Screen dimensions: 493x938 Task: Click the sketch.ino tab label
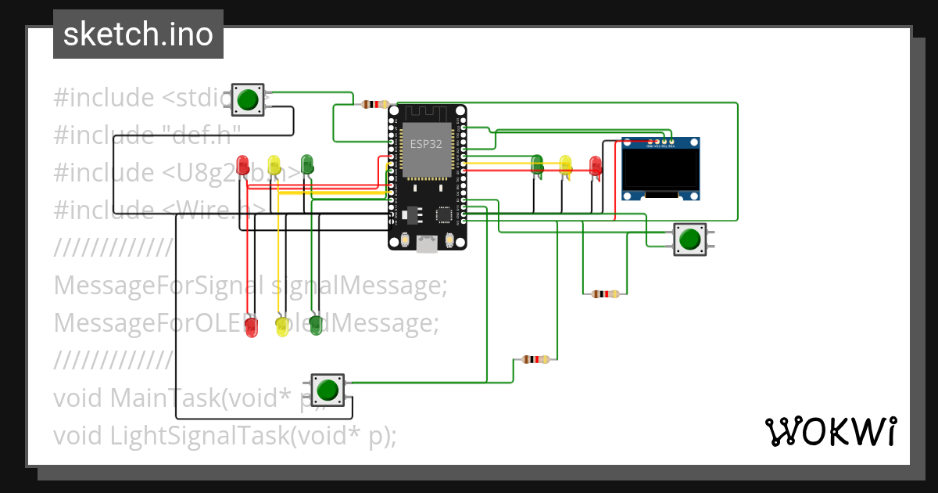(x=138, y=34)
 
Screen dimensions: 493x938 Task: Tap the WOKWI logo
(x=829, y=431)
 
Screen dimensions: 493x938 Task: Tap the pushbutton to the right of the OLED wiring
(x=689, y=239)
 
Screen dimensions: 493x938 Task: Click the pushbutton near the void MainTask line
(x=328, y=389)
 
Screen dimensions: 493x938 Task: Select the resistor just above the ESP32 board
(x=376, y=104)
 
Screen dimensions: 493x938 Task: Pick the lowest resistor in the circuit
(x=535, y=360)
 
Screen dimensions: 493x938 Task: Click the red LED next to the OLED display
(x=596, y=166)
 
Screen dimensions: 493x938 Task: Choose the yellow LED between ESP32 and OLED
(x=565, y=165)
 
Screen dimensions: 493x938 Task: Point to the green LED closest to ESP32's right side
(x=537, y=164)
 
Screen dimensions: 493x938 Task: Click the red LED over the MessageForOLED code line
(x=251, y=326)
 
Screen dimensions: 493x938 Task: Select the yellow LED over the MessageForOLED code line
(x=282, y=326)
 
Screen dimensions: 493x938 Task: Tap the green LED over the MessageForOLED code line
(x=316, y=325)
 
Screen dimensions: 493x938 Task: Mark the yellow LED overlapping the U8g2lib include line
(x=274, y=165)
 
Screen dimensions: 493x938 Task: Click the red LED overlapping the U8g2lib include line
(x=243, y=165)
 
